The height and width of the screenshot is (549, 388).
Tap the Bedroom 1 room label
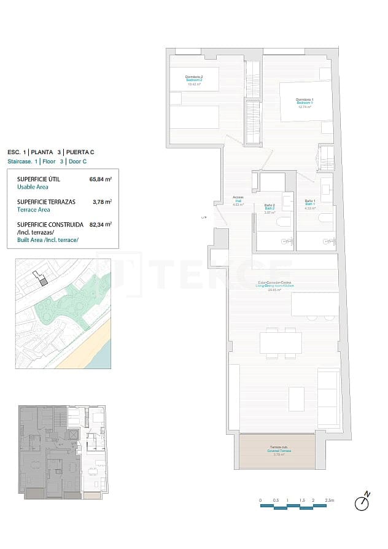305,103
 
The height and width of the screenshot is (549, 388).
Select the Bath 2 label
269,208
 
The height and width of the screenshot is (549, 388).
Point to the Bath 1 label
310,204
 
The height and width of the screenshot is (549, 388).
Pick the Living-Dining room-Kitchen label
276,286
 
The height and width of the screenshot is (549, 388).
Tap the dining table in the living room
281,342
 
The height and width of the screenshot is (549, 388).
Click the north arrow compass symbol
363,502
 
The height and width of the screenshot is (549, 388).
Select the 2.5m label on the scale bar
330,500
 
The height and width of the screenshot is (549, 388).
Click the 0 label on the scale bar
260,500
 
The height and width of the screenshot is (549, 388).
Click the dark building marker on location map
43,281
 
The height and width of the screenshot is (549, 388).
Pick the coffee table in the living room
297,398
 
